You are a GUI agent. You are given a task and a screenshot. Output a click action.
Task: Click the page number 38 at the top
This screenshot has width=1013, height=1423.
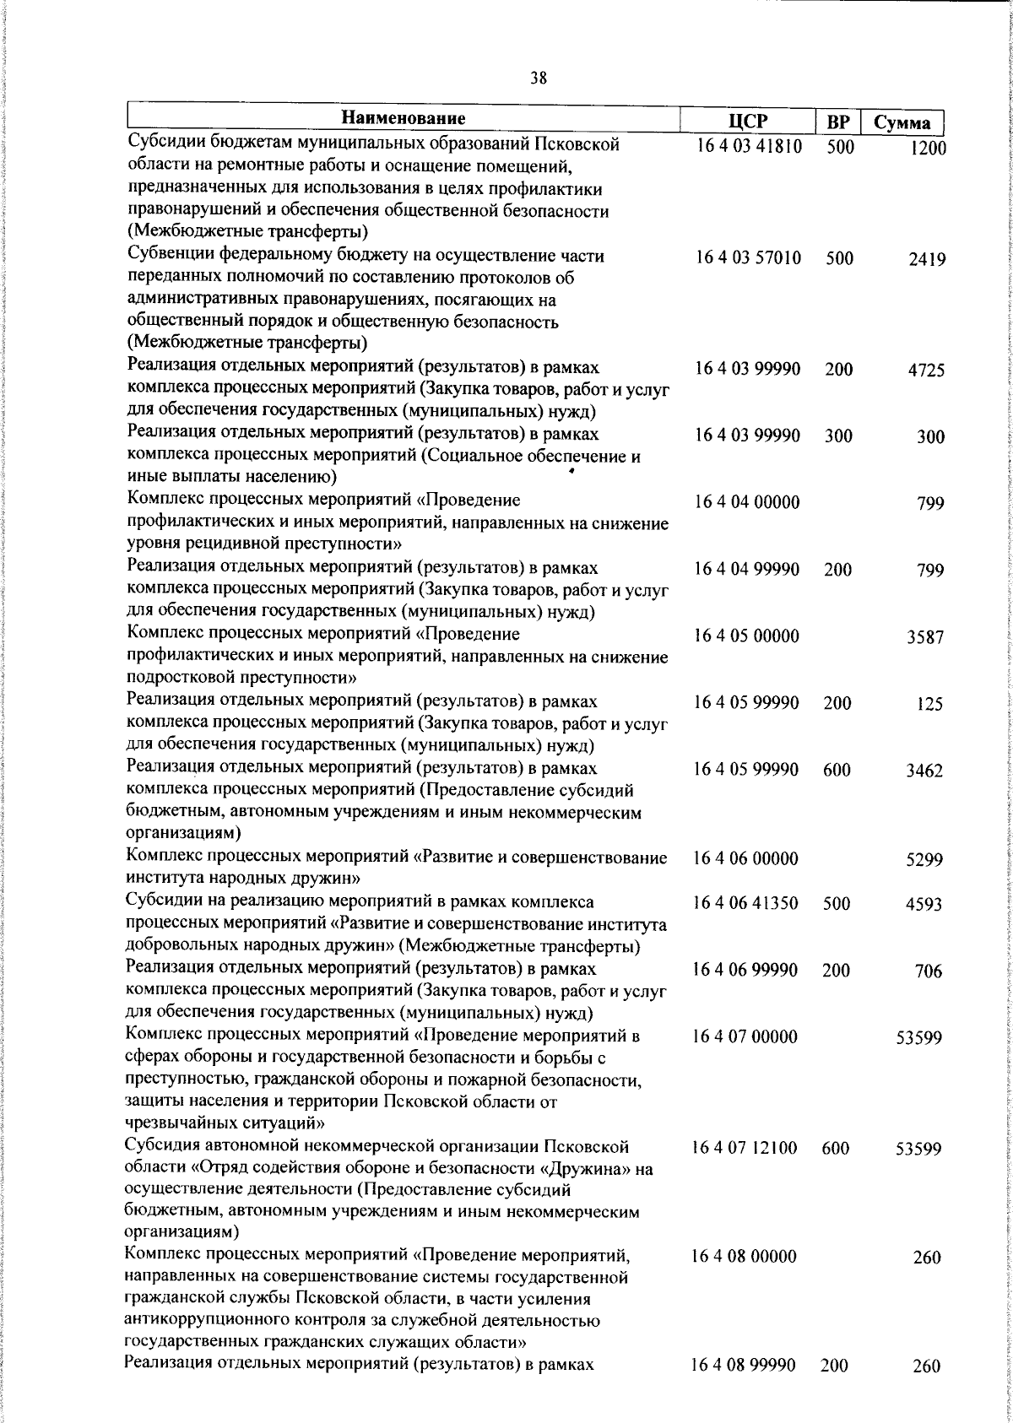pos(539,78)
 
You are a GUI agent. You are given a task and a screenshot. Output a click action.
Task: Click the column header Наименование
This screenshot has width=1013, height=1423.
pos(404,119)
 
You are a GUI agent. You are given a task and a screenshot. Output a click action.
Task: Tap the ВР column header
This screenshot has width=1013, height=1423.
pos(837,122)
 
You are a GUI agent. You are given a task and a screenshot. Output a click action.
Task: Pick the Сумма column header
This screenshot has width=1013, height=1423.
pos(902,123)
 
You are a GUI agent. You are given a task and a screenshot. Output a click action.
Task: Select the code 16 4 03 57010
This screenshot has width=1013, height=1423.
pos(748,258)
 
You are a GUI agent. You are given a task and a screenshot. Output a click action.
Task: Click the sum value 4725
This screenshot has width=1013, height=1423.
pos(926,371)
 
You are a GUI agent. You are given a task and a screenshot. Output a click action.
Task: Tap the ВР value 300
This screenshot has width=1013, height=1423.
pos(838,436)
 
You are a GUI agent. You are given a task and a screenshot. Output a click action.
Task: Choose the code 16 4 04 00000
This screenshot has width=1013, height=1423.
pos(747,503)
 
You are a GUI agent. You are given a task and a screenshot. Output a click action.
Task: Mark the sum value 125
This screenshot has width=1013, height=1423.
pos(929,705)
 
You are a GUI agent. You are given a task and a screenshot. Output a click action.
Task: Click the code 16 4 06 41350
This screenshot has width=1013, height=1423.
pos(745,903)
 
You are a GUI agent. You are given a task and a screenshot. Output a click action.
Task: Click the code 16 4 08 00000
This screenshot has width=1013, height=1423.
pos(744,1257)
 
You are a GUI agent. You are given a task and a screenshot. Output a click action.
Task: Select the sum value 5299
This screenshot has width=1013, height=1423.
pos(924,861)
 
